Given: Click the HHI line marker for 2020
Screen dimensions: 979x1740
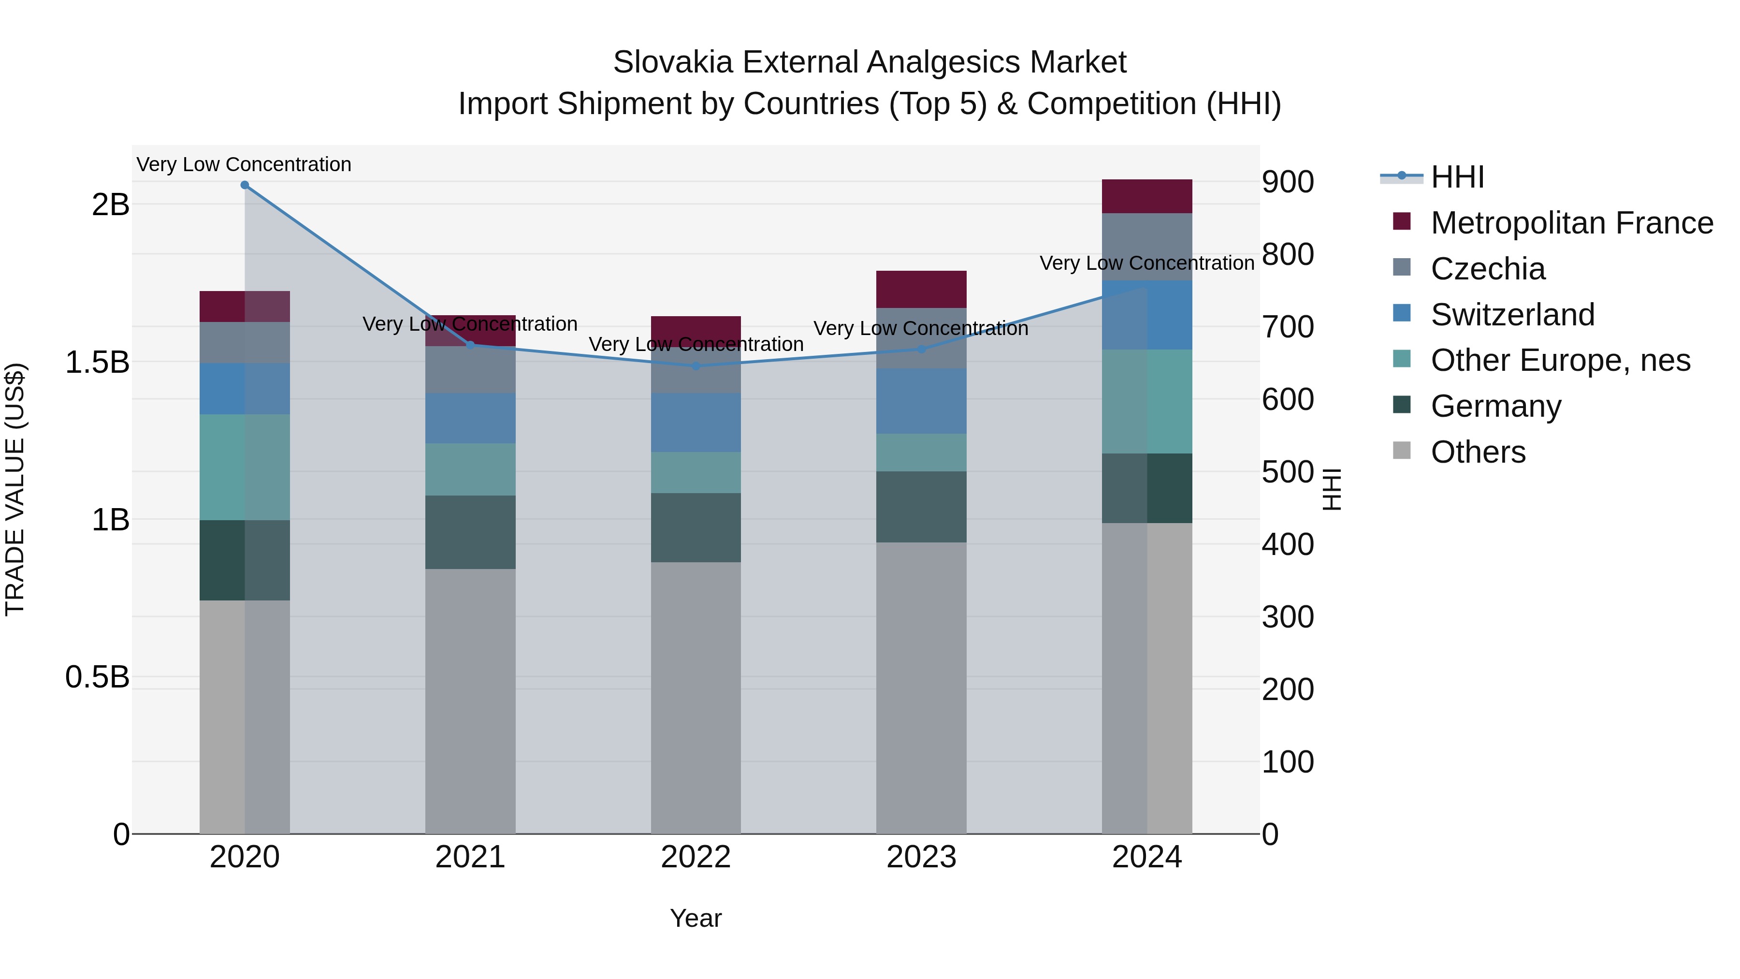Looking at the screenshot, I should pyautogui.click(x=245, y=185).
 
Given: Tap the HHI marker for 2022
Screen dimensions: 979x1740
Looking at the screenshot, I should pyautogui.click(x=696, y=366).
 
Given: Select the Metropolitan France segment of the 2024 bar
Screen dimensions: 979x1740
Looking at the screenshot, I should pyautogui.click(x=1146, y=197).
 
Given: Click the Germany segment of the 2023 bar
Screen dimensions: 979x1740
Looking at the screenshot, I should pyautogui.click(x=921, y=507).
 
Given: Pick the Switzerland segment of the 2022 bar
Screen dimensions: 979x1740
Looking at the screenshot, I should pyautogui.click(x=696, y=422).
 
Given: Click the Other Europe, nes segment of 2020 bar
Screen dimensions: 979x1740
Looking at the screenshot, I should pyautogui.click(x=245, y=467).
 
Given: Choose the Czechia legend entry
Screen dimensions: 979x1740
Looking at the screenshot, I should pyautogui.click(x=1487, y=269).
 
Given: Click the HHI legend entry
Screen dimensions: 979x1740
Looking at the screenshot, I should pyautogui.click(x=1457, y=177).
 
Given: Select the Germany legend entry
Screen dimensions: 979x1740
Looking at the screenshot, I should pyautogui.click(x=1495, y=406).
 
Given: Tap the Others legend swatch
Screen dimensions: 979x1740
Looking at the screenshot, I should pyautogui.click(x=1402, y=451).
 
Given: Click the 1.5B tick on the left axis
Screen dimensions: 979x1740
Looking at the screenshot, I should pyautogui.click(x=97, y=363).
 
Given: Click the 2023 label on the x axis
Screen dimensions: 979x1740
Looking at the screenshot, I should pyautogui.click(x=921, y=857).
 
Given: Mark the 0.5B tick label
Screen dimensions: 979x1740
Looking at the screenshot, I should pyautogui.click(x=97, y=677).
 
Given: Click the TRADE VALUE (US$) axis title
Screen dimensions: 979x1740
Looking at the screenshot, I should pyautogui.click(x=15, y=489).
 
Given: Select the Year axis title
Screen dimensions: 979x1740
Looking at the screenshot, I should pyautogui.click(x=696, y=918).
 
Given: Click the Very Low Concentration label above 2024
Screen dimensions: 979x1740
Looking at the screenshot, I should pyautogui.click(x=1146, y=263).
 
